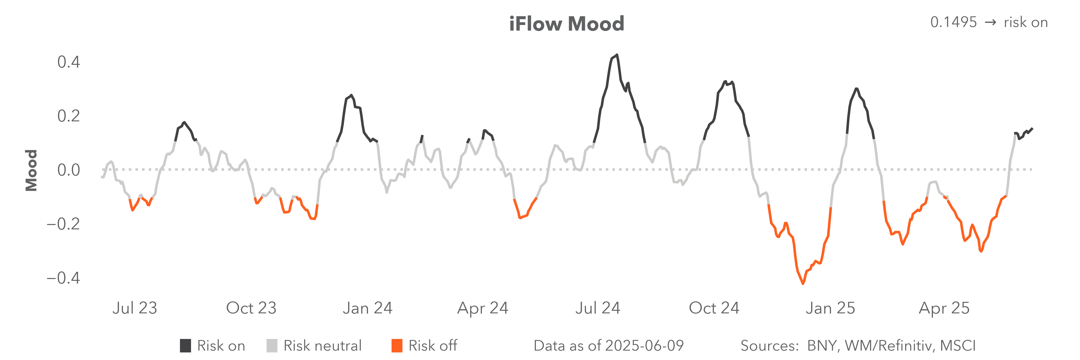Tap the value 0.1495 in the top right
tap(953, 22)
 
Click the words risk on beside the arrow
tap(1025, 22)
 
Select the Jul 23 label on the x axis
tap(135, 308)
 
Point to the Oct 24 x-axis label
tap(714, 308)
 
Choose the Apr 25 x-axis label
tap(944, 308)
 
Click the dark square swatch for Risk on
tap(185, 346)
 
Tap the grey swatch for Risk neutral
tap(272, 346)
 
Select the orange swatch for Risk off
tap(397, 346)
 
